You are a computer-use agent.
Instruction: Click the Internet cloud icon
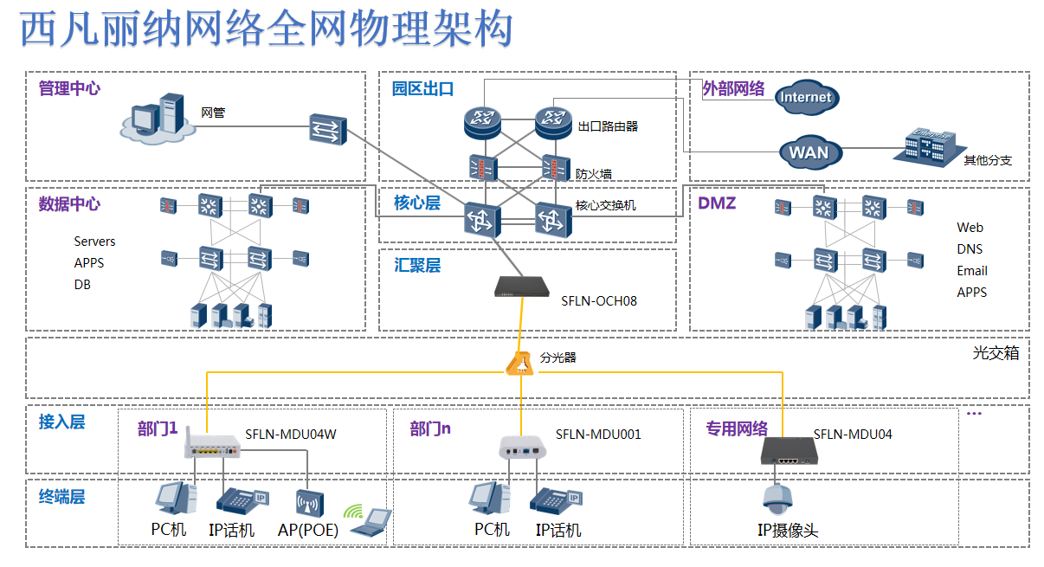click(x=805, y=97)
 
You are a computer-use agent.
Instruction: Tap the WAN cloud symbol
click(x=809, y=153)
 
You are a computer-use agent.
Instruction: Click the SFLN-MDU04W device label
click(x=290, y=435)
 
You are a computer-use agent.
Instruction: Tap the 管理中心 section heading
click(x=69, y=88)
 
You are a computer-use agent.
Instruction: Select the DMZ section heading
click(x=717, y=203)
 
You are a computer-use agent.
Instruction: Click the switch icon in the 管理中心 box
click(x=326, y=130)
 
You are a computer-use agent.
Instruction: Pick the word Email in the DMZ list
click(x=971, y=271)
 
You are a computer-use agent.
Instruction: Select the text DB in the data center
click(x=82, y=284)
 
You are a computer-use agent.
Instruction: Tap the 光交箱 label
click(x=996, y=353)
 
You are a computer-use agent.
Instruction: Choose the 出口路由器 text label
click(x=608, y=126)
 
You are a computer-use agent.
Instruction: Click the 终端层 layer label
click(x=62, y=497)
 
